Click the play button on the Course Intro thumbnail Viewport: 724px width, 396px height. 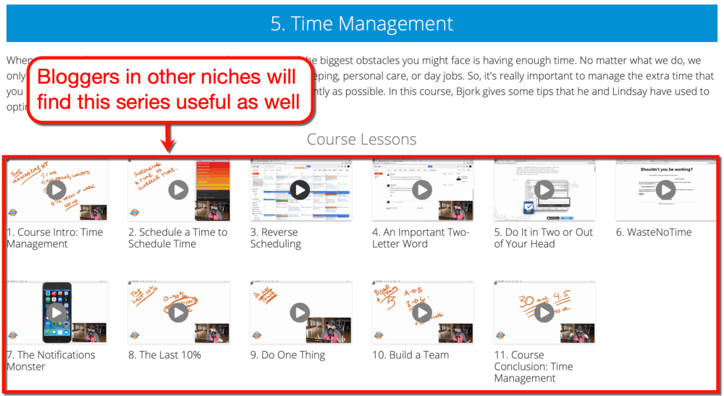coord(56,190)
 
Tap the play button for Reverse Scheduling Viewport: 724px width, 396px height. coord(300,190)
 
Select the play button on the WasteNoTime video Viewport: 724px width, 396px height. coord(665,190)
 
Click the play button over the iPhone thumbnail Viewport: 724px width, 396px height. coord(56,312)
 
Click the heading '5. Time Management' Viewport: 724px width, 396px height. coord(362,23)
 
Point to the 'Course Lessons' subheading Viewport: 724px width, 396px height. coord(362,139)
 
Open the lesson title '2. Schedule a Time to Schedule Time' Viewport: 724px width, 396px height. coord(177,238)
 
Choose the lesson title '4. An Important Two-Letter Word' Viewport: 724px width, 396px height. coord(421,238)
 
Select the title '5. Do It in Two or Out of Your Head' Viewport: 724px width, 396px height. coord(543,238)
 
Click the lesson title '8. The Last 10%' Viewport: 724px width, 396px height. coord(164,355)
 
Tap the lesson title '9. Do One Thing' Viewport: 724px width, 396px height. coord(287,355)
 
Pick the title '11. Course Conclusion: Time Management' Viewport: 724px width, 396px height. coord(533,366)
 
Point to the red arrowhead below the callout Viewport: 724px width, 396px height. coord(169,148)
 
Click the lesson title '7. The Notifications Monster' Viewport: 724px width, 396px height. coord(51,361)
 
